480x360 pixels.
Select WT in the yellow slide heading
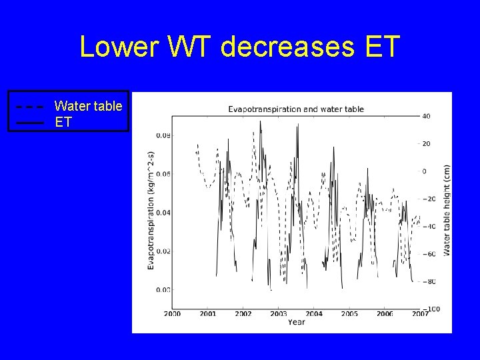(x=195, y=47)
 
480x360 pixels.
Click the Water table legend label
(x=88, y=105)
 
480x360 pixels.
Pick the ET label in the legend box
(x=63, y=123)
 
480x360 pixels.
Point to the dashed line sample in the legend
(x=30, y=106)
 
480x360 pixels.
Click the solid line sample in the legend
(x=30, y=123)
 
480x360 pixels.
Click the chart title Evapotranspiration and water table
(x=296, y=109)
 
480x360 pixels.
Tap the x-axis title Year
(x=297, y=322)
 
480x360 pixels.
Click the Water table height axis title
(x=447, y=209)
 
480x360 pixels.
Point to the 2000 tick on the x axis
(x=172, y=313)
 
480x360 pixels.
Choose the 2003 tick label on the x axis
(x=279, y=313)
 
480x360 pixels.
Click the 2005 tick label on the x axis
(x=349, y=313)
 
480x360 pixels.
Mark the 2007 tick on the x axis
(x=420, y=313)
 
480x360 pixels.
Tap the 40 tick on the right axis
(x=426, y=116)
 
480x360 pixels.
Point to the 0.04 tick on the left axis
(x=162, y=213)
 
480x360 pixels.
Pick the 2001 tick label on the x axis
(x=207, y=313)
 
